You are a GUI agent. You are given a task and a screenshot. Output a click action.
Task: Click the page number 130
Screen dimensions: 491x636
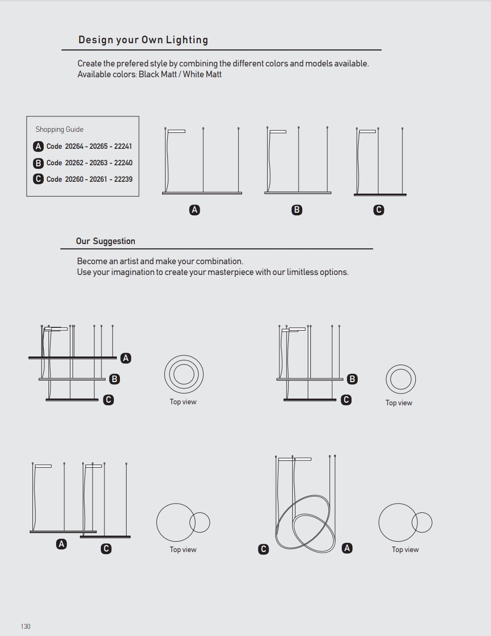25,626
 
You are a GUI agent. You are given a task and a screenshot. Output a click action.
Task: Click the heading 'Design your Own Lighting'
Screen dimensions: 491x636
143,40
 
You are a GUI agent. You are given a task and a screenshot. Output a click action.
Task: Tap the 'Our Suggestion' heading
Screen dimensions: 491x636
106,241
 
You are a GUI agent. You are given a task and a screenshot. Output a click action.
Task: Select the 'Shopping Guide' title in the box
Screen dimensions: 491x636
59,129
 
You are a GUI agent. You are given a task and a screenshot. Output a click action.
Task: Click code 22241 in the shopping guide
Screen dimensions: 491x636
123,146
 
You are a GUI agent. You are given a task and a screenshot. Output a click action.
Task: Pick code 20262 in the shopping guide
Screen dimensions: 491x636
74,163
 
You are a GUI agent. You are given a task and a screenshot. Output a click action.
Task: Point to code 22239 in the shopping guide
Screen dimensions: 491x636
123,179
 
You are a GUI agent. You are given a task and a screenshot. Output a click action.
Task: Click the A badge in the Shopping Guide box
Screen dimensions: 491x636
38,146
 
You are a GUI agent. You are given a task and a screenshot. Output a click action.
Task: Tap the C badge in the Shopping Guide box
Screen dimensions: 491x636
38,179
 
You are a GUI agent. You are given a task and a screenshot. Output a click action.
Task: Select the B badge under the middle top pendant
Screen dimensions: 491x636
297,210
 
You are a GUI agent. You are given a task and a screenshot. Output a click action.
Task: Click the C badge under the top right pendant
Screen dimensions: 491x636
379,210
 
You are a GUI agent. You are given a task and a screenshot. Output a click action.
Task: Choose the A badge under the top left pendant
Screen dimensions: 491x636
195,210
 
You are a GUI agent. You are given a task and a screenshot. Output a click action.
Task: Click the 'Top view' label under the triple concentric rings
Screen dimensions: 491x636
183,402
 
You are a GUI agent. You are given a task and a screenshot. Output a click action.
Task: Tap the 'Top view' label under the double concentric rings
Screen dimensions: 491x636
399,403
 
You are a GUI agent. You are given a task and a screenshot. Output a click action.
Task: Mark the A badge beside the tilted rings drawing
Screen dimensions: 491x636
347,548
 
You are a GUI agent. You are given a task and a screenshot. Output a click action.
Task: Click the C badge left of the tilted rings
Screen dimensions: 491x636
264,549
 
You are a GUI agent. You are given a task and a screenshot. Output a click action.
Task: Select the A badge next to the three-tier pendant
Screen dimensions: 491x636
126,358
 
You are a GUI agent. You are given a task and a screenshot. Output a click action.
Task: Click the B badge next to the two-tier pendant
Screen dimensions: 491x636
353,379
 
